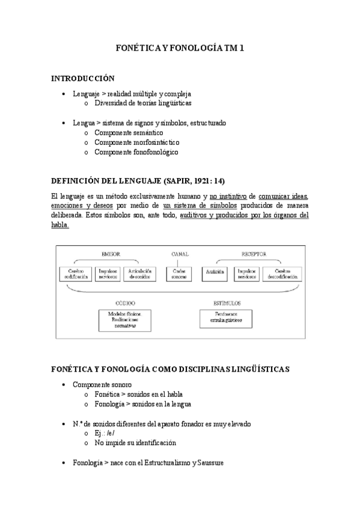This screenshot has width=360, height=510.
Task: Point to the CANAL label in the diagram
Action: coord(180,254)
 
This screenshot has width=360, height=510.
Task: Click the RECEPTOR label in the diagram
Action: coord(253,254)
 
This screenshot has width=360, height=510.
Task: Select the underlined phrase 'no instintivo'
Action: coord(228,196)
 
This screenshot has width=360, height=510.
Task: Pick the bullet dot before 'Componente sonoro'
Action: coord(65,384)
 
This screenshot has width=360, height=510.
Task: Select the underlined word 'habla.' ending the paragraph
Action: coord(60,225)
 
